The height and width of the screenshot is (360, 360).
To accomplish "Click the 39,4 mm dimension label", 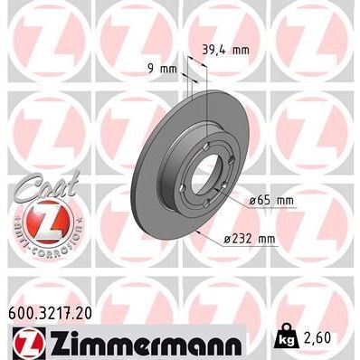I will coord(225,50).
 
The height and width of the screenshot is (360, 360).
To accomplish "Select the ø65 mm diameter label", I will coord(272,199).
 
